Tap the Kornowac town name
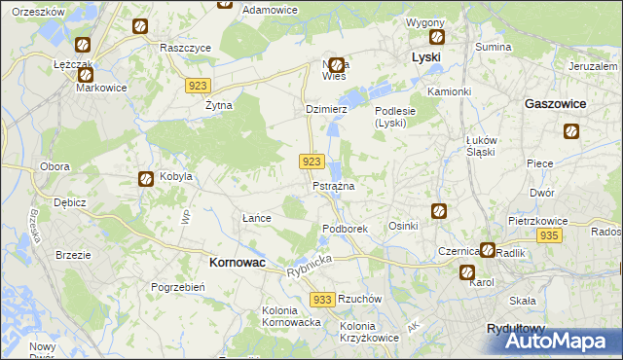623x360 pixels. (239, 262)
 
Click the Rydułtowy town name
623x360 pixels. (516, 330)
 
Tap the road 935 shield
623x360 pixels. (549, 236)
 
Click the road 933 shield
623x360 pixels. (324, 300)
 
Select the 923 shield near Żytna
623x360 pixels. (197, 86)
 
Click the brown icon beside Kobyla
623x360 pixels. (145, 178)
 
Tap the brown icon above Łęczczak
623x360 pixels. (83, 45)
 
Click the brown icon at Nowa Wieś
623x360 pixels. (336, 65)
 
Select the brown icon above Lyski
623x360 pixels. (436, 37)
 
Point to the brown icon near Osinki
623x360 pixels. (439, 209)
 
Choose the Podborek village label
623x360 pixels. (344, 229)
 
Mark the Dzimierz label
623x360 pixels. (326, 110)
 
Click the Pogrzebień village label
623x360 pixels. (176, 287)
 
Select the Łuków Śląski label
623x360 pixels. (481, 146)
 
